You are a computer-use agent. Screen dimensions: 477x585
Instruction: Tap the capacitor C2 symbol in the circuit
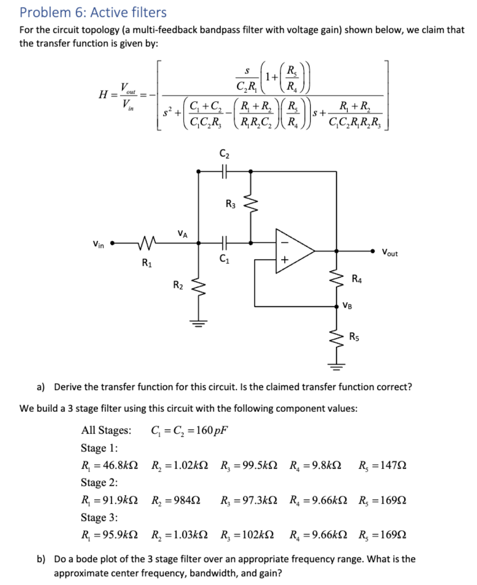pos(224,172)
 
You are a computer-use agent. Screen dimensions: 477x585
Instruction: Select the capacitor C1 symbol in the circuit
pos(224,243)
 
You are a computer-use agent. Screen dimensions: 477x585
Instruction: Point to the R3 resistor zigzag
pos(250,205)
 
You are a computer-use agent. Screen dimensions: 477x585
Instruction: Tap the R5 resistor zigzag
pos(337,337)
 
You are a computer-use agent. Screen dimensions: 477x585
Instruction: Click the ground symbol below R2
pos(198,324)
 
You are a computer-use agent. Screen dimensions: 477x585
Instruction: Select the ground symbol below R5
pos(337,366)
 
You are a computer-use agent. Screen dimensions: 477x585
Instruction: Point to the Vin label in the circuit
pos(98,245)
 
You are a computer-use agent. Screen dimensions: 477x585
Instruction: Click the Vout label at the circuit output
pos(390,253)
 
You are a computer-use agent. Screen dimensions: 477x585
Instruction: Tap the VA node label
pos(182,233)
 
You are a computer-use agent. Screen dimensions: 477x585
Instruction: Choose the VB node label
pos(347,305)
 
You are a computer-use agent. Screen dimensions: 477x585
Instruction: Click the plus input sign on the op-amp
pos(284,259)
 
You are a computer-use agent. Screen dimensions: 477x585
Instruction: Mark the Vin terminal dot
pos(112,243)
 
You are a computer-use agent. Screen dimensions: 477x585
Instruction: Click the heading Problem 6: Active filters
pos(93,12)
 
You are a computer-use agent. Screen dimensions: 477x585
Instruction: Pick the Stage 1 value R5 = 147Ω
pos(382,465)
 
